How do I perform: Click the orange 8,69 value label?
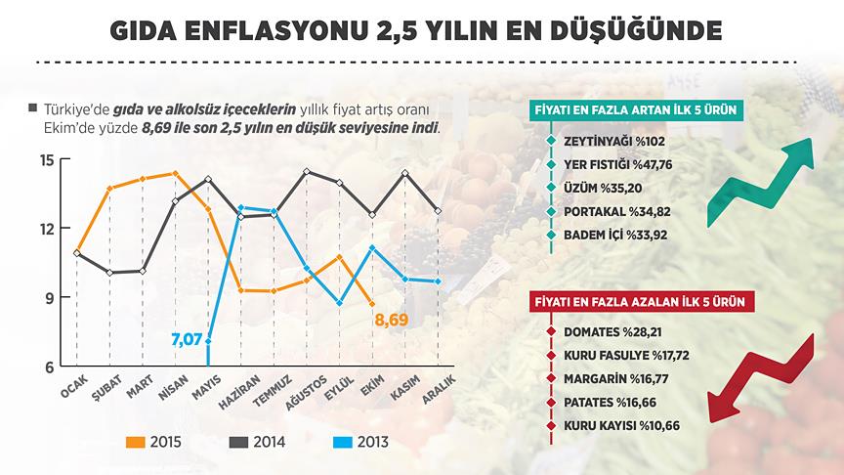tap(391, 320)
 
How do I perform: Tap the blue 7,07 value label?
tap(186, 340)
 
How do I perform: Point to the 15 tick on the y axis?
tap(46, 159)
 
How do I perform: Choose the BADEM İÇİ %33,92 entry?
tap(613, 236)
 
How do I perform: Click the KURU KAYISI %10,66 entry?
tap(621, 426)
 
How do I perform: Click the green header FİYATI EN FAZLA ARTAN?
tap(634, 109)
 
